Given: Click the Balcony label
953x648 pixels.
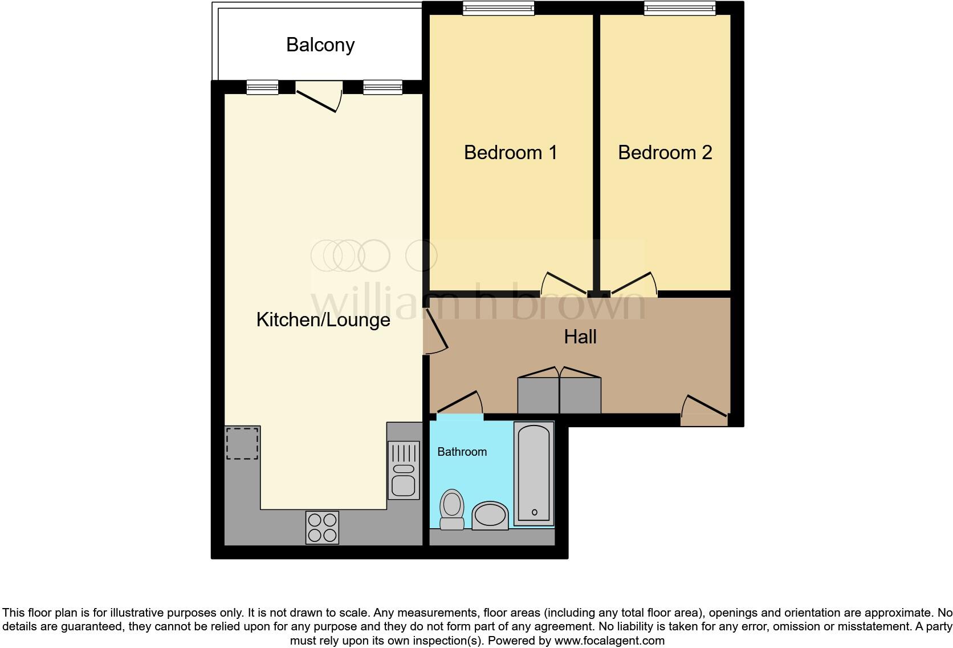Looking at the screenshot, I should point(320,44).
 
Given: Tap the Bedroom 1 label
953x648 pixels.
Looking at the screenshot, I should point(510,152).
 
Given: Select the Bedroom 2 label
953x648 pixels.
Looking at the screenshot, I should point(665,152).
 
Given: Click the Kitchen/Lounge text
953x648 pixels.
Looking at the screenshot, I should point(323,319).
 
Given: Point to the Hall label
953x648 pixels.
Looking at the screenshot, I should point(580,337).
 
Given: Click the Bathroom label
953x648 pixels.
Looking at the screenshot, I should point(462,452).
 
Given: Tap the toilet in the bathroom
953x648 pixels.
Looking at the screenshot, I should point(452,509).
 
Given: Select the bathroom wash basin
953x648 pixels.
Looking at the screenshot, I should point(490,516).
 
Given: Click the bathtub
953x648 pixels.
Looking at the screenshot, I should point(534,473).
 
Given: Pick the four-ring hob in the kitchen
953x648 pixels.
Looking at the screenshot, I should point(322,527).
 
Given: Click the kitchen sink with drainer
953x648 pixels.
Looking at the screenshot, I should point(404,470).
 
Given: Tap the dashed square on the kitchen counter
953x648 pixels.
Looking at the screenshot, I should point(242,443).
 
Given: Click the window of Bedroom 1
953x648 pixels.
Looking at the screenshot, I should point(498,8).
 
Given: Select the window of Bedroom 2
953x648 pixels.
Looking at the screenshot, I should point(679,8).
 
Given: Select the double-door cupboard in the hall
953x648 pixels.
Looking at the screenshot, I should point(559,394).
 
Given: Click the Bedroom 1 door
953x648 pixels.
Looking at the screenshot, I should point(566,283).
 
